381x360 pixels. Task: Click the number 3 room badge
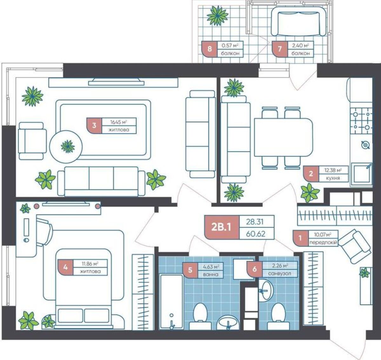click(x=94, y=126)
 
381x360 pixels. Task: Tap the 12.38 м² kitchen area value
click(x=333, y=170)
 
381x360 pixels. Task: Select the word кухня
click(x=333, y=178)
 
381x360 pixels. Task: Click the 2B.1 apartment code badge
click(x=222, y=227)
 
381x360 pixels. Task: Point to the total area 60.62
click(x=256, y=234)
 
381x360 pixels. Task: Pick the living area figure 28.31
click(x=255, y=222)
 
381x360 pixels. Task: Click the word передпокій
click(x=323, y=242)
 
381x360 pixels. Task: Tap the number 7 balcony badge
click(x=280, y=49)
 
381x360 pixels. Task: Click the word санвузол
click(x=280, y=273)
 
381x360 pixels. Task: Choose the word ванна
click(x=211, y=274)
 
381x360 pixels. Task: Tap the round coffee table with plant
click(x=66, y=147)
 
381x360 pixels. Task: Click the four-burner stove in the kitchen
click(x=361, y=121)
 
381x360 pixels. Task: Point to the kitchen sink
click(x=361, y=174)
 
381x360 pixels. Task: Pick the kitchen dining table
click(x=284, y=137)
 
